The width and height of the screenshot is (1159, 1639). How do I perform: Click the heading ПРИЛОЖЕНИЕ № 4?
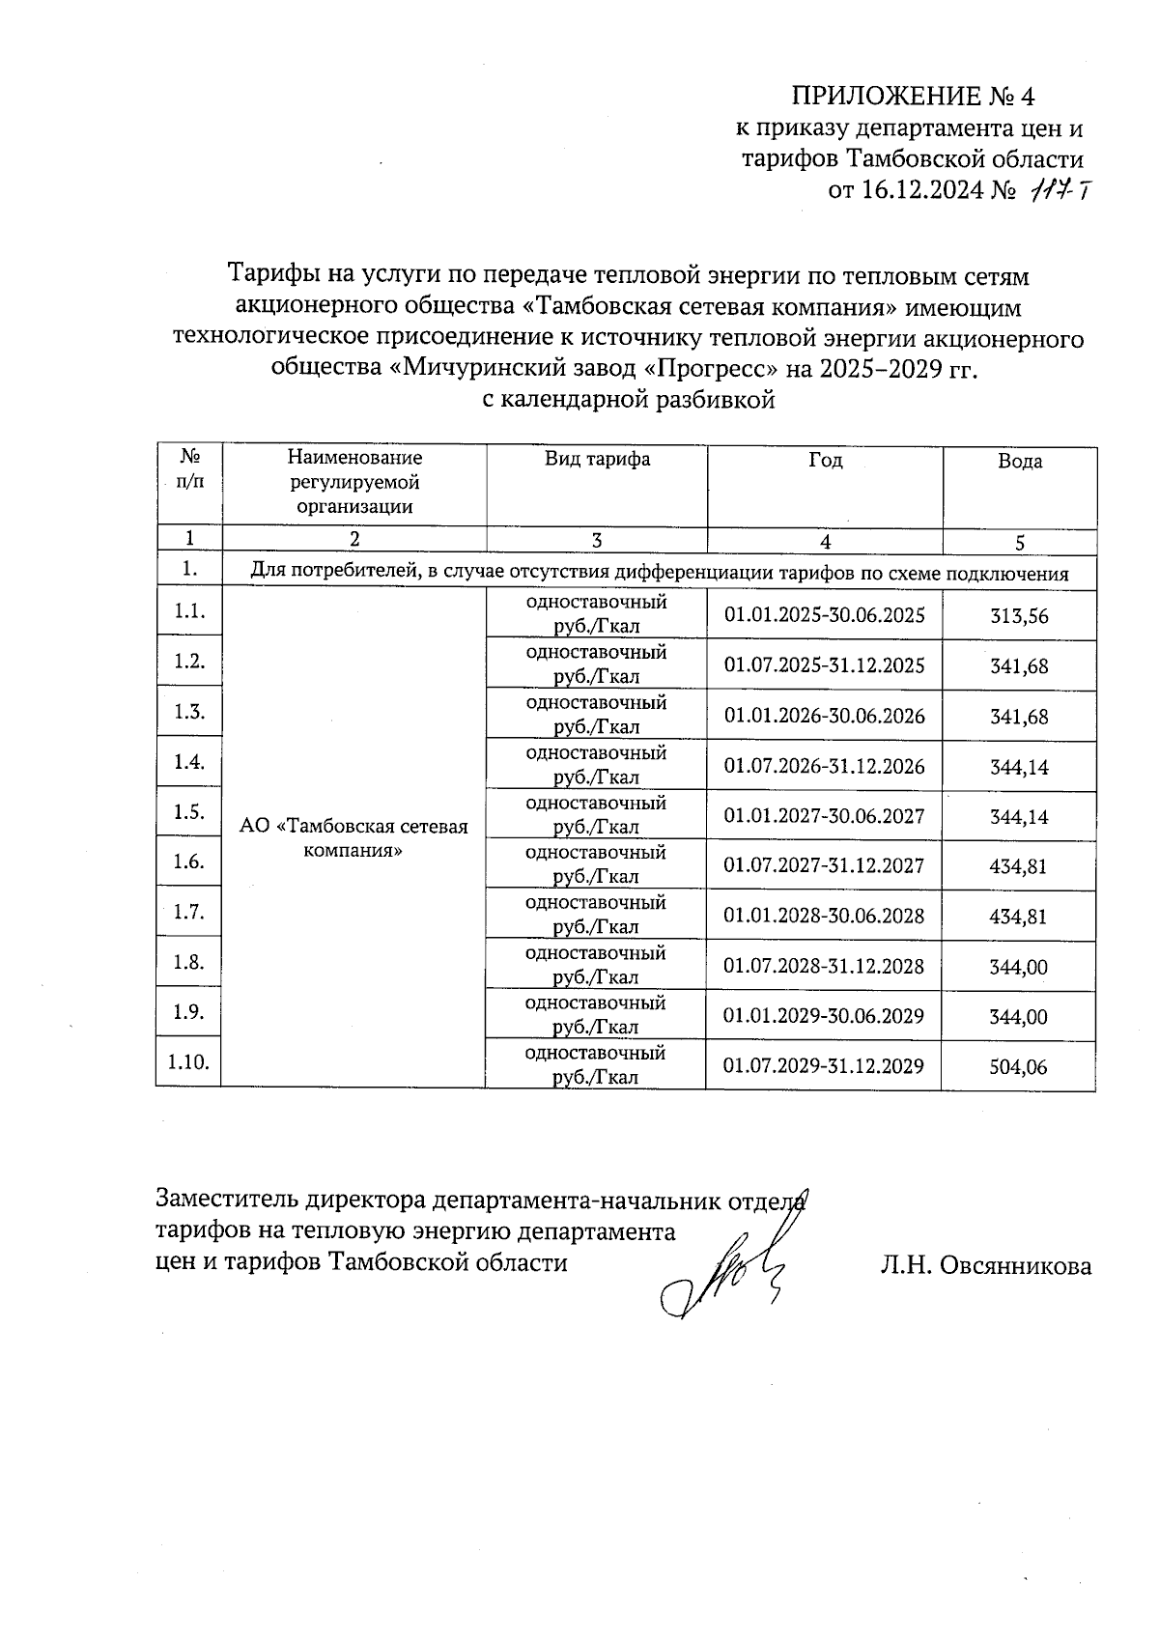[913, 97]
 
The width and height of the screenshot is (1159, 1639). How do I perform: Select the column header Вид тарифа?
[597, 460]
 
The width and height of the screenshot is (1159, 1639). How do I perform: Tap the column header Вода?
[1020, 462]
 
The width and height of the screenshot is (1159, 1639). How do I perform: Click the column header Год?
[825, 461]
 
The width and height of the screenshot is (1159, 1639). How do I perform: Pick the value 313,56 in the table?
[1019, 616]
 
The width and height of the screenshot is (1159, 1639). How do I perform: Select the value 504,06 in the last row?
[1019, 1067]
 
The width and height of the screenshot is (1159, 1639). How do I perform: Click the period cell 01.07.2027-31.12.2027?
[824, 865]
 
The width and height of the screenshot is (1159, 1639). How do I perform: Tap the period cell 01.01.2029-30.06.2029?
[824, 1016]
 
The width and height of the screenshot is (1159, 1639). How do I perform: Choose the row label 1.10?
[188, 1062]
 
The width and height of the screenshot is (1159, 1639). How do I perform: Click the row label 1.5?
[188, 812]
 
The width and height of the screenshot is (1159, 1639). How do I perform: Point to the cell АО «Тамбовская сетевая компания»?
[353, 838]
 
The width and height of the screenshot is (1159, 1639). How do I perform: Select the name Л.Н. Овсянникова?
[985, 1265]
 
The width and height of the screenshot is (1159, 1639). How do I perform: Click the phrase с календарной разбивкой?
[629, 400]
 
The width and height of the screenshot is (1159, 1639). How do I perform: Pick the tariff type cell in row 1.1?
[596, 614]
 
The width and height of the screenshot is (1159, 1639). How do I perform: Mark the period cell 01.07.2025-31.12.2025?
[824, 665]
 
